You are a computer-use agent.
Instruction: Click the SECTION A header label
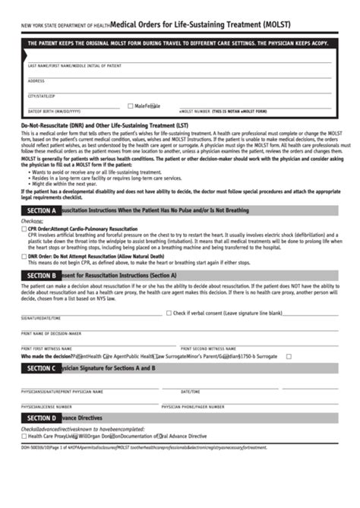41,210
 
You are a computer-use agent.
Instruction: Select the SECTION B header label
41,275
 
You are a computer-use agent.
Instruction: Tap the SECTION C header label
41,368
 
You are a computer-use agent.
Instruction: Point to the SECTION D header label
41,418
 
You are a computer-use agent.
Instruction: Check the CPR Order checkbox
24,229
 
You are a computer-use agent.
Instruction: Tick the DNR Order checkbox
24,257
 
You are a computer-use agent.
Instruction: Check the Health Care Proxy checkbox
24,436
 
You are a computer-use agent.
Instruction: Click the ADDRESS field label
36,80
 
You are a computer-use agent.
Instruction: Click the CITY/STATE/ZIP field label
42,96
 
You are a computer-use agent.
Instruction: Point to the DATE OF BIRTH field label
53,112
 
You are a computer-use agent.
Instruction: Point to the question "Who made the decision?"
48,355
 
